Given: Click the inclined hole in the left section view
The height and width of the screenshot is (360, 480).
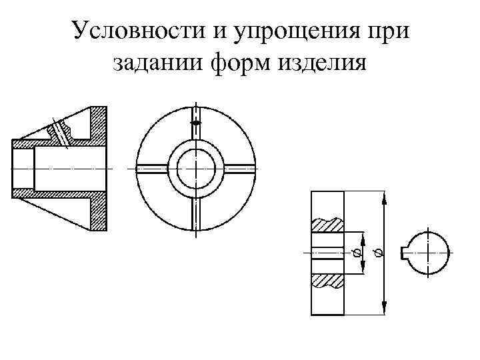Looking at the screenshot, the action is point(61,132).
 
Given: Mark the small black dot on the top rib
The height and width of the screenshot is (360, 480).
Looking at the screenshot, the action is point(195,123).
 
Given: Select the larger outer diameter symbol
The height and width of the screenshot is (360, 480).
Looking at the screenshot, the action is point(378,253).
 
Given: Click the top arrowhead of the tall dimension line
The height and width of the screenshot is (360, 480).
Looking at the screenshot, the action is point(384,197).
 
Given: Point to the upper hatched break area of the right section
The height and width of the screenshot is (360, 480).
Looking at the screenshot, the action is point(327,224).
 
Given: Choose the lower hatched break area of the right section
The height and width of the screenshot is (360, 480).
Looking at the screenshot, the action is point(327,281).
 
